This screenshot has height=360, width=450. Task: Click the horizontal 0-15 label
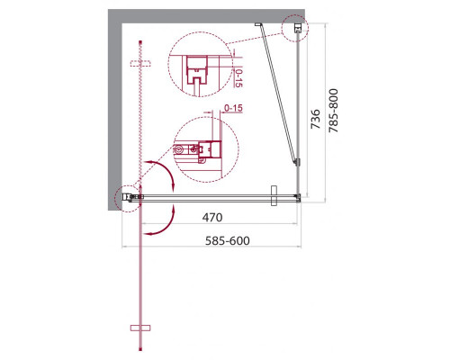coord(234,110)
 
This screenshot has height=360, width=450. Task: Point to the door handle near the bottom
coord(139,326)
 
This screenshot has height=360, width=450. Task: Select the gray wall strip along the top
coord(207,15)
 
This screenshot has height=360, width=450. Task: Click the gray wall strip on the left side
coord(115,108)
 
